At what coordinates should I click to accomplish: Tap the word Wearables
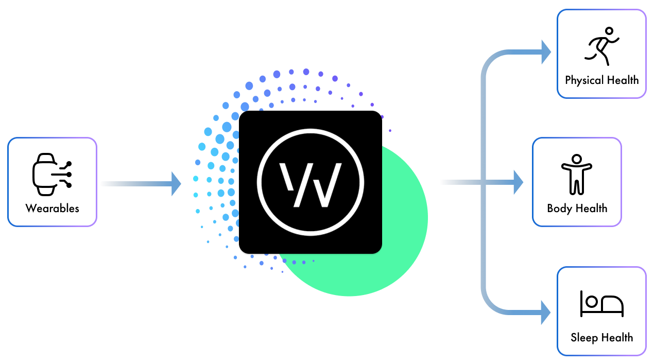click(x=53, y=209)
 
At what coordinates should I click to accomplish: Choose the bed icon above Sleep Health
click(x=601, y=304)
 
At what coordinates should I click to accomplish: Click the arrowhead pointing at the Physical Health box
click(x=546, y=51)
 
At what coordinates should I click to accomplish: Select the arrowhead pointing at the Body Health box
click(x=518, y=182)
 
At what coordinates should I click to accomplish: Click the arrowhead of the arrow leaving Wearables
click(x=176, y=183)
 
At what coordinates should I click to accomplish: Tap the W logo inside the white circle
click(x=311, y=184)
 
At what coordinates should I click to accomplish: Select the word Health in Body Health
click(x=591, y=209)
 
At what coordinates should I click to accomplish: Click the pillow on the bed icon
click(x=591, y=300)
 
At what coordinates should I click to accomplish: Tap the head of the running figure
click(x=610, y=31)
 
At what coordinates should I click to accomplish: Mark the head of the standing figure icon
click(x=577, y=159)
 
